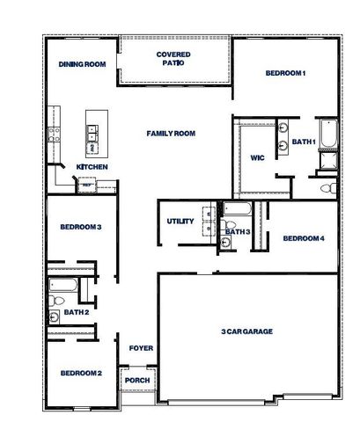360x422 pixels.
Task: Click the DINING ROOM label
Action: [83, 64]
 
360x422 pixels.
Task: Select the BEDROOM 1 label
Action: [285, 73]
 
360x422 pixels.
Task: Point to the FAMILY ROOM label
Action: [171, 134]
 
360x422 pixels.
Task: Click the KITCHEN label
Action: [92, 167]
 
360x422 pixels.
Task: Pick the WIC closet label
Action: [257, 158]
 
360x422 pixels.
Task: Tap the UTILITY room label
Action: [180, 222]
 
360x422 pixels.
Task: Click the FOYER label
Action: [141, 348]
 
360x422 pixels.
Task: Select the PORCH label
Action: [136, 380]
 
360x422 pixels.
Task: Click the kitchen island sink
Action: [92, 134]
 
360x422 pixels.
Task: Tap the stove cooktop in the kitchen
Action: [53, 134]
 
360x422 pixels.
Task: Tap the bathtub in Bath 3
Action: [237, 210]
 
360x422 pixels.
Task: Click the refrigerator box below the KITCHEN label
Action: [87, 185]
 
